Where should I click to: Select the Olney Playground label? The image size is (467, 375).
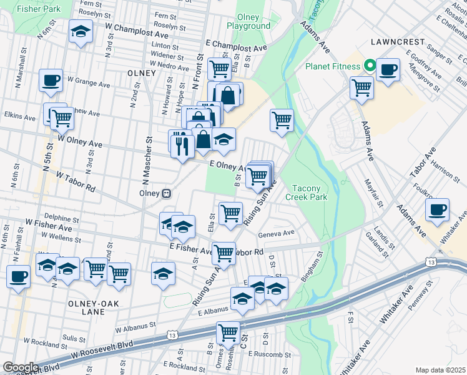tap(253, 22)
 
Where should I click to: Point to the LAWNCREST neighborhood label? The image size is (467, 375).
tap(397, 42)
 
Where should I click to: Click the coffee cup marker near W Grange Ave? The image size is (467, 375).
tap(51, 80)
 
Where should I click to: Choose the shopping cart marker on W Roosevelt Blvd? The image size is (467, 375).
tap(229, 332)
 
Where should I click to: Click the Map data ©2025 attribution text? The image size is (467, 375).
tap(440, 370)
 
